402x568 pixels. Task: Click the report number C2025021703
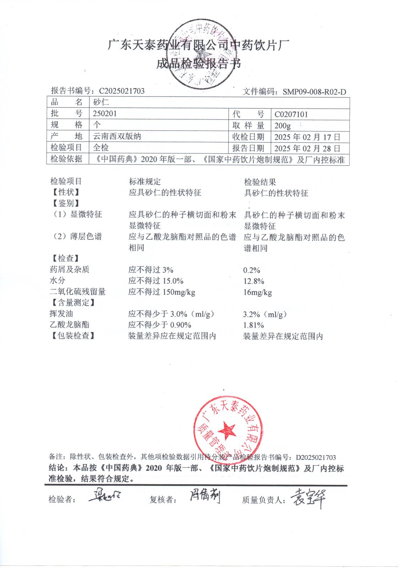coord(122,91)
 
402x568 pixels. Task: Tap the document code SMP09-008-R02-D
coord(314,92)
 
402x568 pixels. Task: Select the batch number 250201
coord(104,114)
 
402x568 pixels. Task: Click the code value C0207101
coord(291,114)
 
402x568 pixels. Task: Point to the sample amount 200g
coord(283,126)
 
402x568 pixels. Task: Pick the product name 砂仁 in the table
coord(101,103)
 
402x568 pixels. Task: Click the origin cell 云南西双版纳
coord(117,136)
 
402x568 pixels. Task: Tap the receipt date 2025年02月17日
coord(307,137)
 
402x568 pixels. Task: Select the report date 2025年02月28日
coord(307,148)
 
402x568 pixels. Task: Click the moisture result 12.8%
coord(254,282)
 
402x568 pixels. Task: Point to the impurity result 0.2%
coord(252,271)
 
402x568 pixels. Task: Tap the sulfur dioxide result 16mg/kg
coord(257,293)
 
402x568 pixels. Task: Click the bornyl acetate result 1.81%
coord(254,325)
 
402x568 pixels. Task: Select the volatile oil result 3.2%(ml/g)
coord(265,314)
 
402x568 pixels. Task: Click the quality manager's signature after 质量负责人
coord(308,498)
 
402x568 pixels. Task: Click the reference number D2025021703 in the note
coord(316,457)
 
